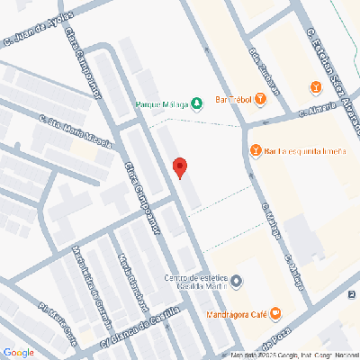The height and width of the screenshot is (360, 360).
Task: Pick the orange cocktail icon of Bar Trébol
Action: point(259,98)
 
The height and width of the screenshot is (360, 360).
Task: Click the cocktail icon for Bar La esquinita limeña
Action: point(256,150)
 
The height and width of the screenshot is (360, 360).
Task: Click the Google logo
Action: point(18,352)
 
